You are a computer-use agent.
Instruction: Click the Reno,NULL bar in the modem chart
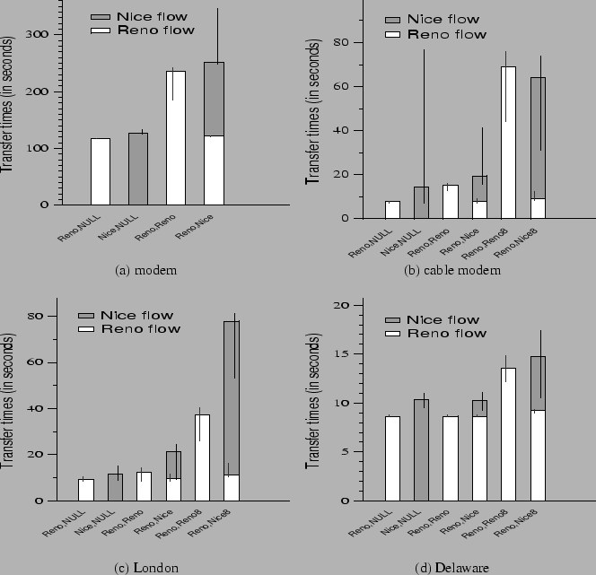point(101,171)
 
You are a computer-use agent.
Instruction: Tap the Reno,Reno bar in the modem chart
point(176,138)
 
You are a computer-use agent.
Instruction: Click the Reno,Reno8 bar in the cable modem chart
point(508,142)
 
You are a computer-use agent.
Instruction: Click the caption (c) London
point(146,567)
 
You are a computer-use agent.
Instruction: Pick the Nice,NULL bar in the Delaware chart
point(421,449)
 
